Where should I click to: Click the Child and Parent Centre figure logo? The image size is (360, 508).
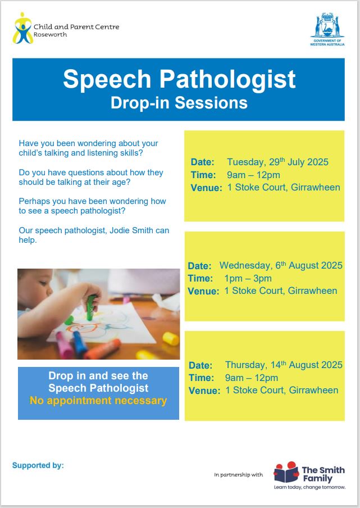[22, 28]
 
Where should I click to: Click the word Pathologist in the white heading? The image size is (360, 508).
[227, 80]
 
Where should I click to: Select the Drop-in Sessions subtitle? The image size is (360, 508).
[179, 103]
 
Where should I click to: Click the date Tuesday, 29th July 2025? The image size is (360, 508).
[277, 162]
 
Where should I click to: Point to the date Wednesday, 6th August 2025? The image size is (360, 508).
[281, 265]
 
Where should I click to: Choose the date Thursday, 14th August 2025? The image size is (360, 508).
[284, 365]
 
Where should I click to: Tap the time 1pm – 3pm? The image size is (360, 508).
[248, 278]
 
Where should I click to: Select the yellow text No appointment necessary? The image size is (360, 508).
[98, 401]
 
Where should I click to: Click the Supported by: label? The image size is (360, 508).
[38, 465]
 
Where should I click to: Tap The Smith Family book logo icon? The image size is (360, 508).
[286, 472]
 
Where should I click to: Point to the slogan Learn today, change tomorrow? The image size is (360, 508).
[309, 487]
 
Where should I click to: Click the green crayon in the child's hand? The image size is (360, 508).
[91, 307]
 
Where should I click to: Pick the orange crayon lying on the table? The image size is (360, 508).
[103, 350]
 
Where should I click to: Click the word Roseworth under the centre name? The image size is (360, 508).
[50, 34]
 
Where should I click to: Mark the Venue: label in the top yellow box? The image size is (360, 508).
[206, 188]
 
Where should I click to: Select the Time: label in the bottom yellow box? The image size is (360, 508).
[201, 378]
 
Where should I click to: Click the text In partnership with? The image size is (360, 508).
[238, 475]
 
